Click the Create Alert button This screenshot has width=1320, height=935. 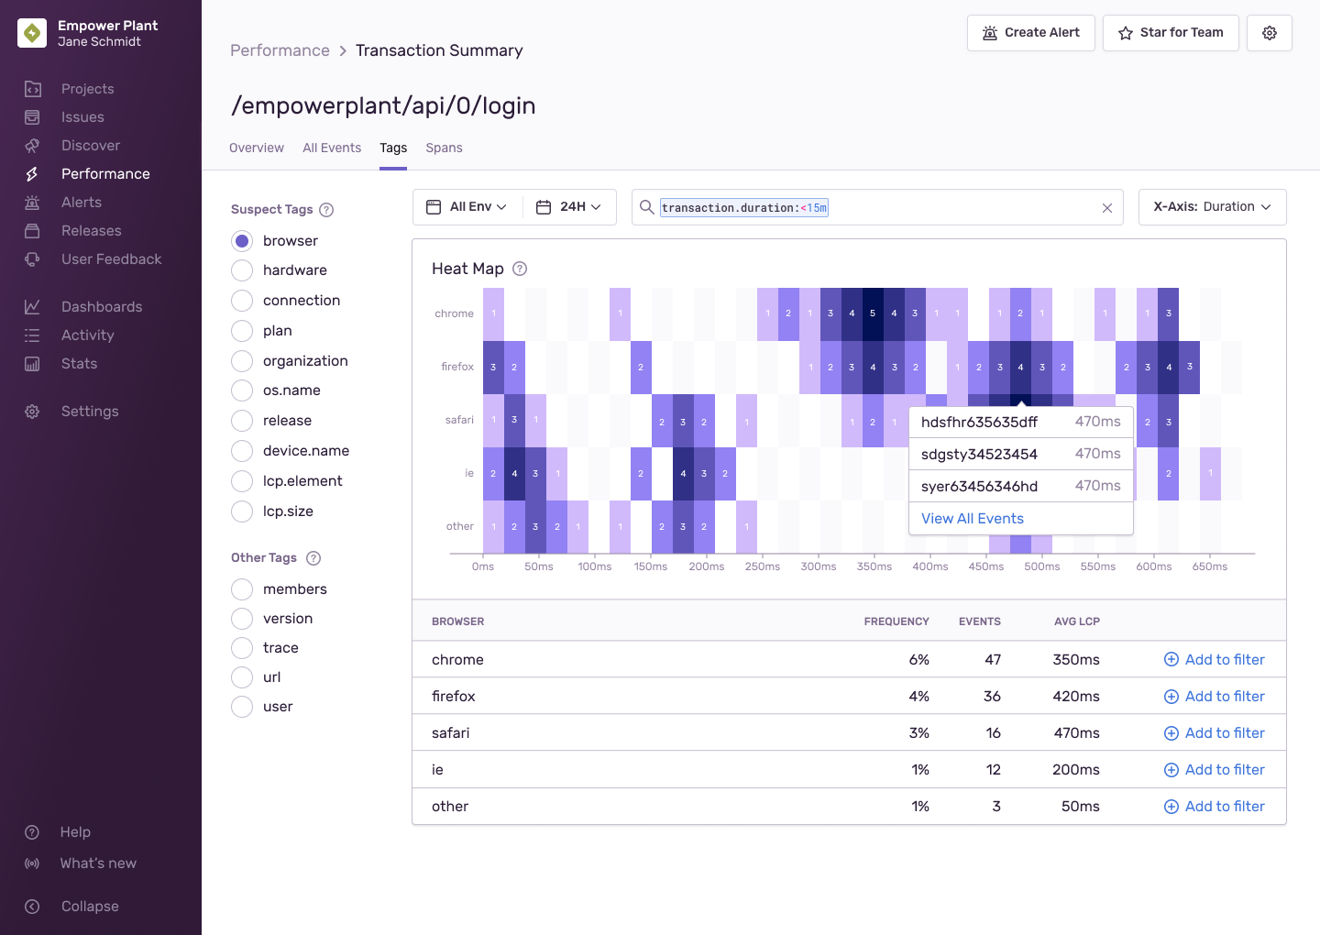tap(1030, 33)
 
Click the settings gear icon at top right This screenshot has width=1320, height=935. tap(1269, 33)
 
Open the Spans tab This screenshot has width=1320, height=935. tap(444, 148)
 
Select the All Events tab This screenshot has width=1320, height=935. tap(332, 148)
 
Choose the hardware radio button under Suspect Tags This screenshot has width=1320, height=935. tap(242, 270)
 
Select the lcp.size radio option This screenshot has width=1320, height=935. tap(242, 511)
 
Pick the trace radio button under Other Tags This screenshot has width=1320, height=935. tap(242, 648)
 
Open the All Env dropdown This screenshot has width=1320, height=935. tap(467, 207)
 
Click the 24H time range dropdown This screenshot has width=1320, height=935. tap(569, 207)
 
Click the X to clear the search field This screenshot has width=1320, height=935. tap(1106, 208)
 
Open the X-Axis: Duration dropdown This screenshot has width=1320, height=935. tap(1212, 207)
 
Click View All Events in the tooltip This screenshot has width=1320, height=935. tap(972, 519)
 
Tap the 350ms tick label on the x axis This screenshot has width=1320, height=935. tap(874, 566)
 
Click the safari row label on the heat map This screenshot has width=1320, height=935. tap(459, 421)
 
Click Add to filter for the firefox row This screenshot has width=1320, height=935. tap(1214, 697)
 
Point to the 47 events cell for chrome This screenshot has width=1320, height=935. tap(992, 660)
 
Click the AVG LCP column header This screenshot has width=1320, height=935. tap(1076, 621)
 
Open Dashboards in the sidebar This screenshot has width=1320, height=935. tap(101, 307)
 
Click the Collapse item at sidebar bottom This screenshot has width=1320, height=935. tap(89, 907)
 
